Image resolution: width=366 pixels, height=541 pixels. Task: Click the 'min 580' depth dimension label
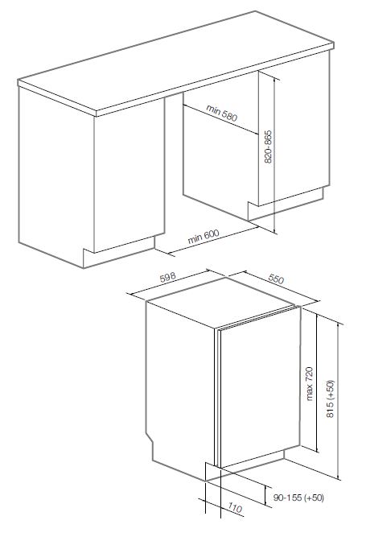(x=222, y=114)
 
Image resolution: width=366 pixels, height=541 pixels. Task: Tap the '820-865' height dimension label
(x=268, y=147)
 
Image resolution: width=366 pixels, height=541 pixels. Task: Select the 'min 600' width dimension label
(x=204, y=237)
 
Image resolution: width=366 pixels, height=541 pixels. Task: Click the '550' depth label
(x=276, y=279)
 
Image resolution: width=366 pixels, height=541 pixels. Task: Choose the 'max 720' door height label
(x=309, y=384)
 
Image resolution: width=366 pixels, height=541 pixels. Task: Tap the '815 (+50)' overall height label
(x=330, y=399)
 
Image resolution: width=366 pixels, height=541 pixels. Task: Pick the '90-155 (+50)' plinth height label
(x=298, y=498)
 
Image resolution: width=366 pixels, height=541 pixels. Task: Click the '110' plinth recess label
(x=234, y=508)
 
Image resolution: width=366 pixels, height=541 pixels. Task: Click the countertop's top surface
(x=176, y=62)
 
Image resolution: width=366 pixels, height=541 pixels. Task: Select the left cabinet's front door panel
(x=130, y=176)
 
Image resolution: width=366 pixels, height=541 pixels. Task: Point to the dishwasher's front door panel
(x=260, y=386)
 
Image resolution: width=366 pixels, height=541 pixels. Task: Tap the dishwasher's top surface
(x=220, y=302)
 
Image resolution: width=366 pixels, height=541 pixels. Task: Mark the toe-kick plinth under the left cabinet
(x=119, y=253)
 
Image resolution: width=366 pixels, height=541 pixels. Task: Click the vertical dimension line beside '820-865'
(x=274, y=155)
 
